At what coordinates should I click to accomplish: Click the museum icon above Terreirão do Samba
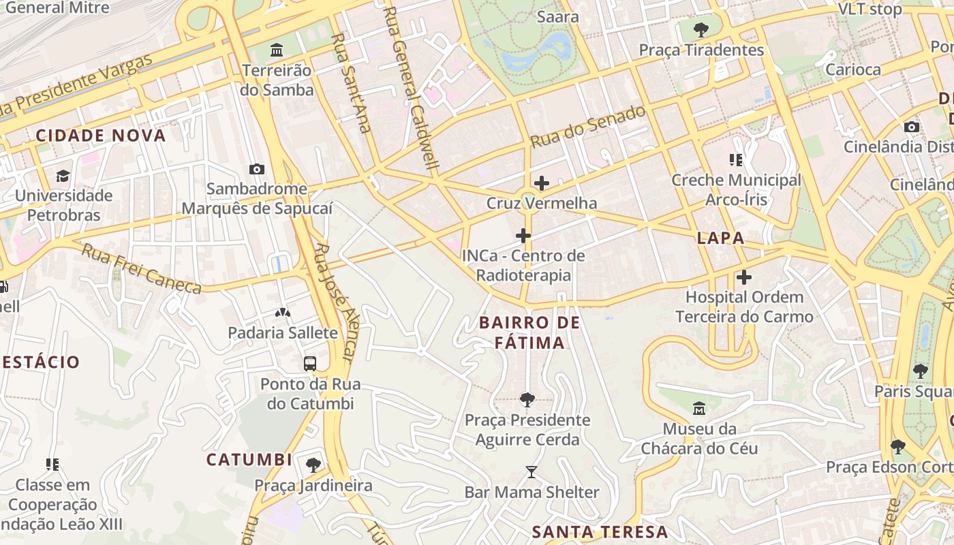[x=277, y=50]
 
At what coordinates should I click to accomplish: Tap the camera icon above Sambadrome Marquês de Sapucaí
[x=257, y=169]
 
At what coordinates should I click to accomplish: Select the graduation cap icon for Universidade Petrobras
[x=63, y=176]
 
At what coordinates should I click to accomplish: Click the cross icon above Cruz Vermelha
[x=542, y=183]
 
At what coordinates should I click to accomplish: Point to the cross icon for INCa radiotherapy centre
[x=523, y=236]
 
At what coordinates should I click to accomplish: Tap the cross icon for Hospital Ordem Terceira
[x=744, y=277]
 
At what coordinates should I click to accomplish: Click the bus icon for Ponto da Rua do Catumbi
[x=310, y=364]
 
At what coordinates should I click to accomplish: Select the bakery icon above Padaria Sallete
[x=282, y=313]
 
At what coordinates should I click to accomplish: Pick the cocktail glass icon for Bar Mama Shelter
[x=532, y=471]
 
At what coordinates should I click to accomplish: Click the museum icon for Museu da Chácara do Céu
[x=699, y=409]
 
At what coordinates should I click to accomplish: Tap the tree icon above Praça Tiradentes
[x=701, y=30]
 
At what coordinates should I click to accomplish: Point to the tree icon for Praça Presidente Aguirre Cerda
[x=527, y=400]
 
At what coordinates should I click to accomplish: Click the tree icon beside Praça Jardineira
[x=313, y=465]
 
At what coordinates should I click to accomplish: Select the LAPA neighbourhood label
[x=720, y=238]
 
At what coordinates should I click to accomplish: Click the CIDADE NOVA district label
[x=101, y=136]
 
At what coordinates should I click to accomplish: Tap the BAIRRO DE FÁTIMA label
[x=530, y=332]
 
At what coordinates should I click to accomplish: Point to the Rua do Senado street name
[x=587, y=127]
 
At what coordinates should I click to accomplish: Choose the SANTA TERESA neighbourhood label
[x=600, y=532]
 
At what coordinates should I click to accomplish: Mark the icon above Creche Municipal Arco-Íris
[x=736, y=160]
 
